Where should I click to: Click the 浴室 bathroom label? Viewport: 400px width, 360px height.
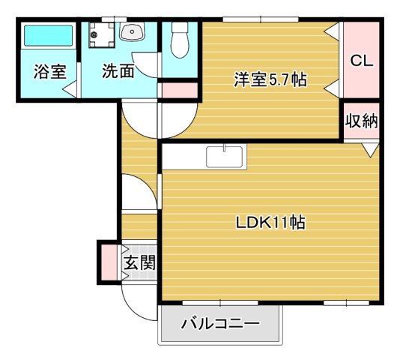pos(50,73)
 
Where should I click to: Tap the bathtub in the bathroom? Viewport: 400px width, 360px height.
pos(47,37)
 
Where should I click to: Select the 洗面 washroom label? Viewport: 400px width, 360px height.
pos(118,73)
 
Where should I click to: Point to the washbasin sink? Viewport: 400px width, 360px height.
pos(133,33)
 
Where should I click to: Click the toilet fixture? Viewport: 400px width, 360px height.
pos(180,42)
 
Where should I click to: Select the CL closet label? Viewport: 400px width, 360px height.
pos(361,59)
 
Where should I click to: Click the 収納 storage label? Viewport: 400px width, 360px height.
pos(361,121)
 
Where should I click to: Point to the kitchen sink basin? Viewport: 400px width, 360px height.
pos(225,157)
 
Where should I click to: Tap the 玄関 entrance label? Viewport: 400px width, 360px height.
pos(139,262)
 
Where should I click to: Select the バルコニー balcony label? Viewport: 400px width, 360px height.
pos(220,325)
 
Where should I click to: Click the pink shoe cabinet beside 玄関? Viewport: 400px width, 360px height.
pos(109,262)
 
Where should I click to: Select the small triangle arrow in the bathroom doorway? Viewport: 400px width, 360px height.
pos(69,90)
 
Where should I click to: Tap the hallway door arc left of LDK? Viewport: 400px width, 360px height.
pos(139,192)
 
